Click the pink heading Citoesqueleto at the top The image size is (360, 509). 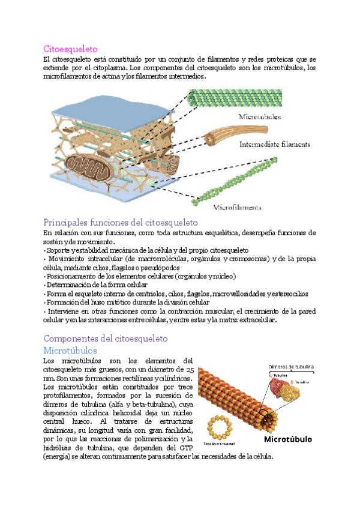[x=70, y=48]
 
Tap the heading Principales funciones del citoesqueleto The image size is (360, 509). [x=120, y=221]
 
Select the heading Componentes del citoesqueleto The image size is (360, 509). [x=105, y=339]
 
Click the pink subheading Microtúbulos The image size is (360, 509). [x=70, y=350]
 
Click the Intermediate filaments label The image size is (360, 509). [x=275, y=145]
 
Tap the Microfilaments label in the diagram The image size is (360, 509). [x=238, y=208]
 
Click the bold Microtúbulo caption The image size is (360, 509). [x=288, y=439]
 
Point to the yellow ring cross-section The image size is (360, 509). [x=219, y=428]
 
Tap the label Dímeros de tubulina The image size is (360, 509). [x=291, y=366]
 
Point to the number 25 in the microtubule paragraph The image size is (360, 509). [x=190, y=370]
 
